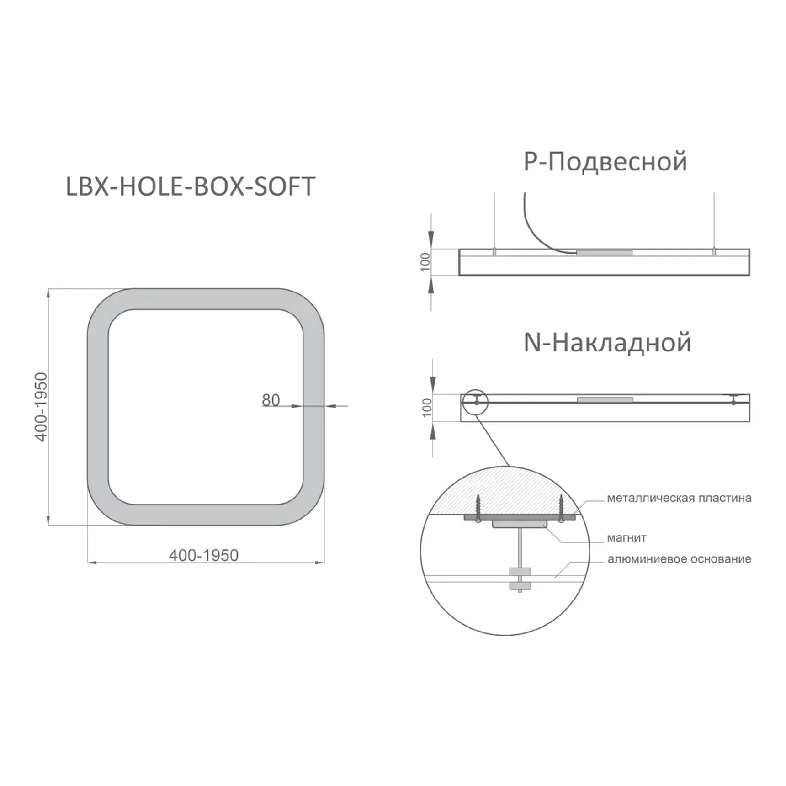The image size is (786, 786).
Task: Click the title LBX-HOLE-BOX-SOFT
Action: (x=191, y=186)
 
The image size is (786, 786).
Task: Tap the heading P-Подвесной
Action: (x=605, y=162)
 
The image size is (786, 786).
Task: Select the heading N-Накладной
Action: (x=607, y=343)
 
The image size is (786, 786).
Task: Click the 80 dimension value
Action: (x=271, y=400)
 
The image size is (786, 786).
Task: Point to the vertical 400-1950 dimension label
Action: (x=41, y=407)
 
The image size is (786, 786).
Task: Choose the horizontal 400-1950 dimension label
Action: (x=204, y=555)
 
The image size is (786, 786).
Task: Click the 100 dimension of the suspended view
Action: (x=425, y=262)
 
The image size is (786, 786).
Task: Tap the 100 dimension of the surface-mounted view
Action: (x=427, y=408)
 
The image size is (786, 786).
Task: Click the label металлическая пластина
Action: (x=679, y=498)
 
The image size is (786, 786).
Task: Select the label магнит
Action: (x=627, y=538)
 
